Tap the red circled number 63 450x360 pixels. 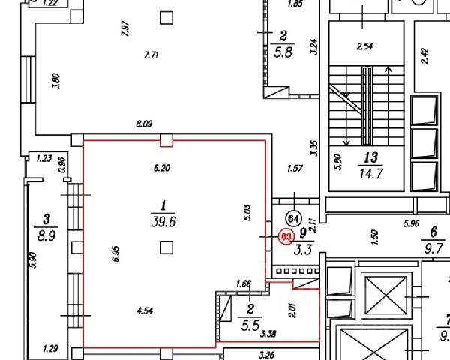click(286, 236)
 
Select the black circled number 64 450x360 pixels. click(295, 219)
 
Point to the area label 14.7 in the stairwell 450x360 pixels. click(370, 172)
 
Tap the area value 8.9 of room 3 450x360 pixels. click(46, 234)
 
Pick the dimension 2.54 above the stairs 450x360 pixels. click(364, 46)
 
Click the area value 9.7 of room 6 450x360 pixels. click(433, 247)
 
